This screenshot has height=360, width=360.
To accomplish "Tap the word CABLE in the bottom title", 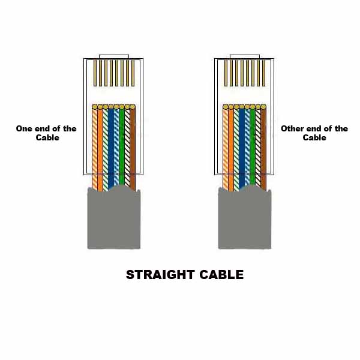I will click(x=220, y=275).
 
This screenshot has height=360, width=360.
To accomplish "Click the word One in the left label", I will click(x=23, y=128).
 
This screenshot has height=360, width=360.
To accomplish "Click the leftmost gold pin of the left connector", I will click(x=94, y=73).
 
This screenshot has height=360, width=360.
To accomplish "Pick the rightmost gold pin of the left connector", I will click(x=133, y=73).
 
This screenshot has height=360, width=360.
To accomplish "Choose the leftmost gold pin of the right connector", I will click(x=225, y=73).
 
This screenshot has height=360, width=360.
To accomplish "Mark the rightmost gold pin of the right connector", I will click(x=263, y=73).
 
